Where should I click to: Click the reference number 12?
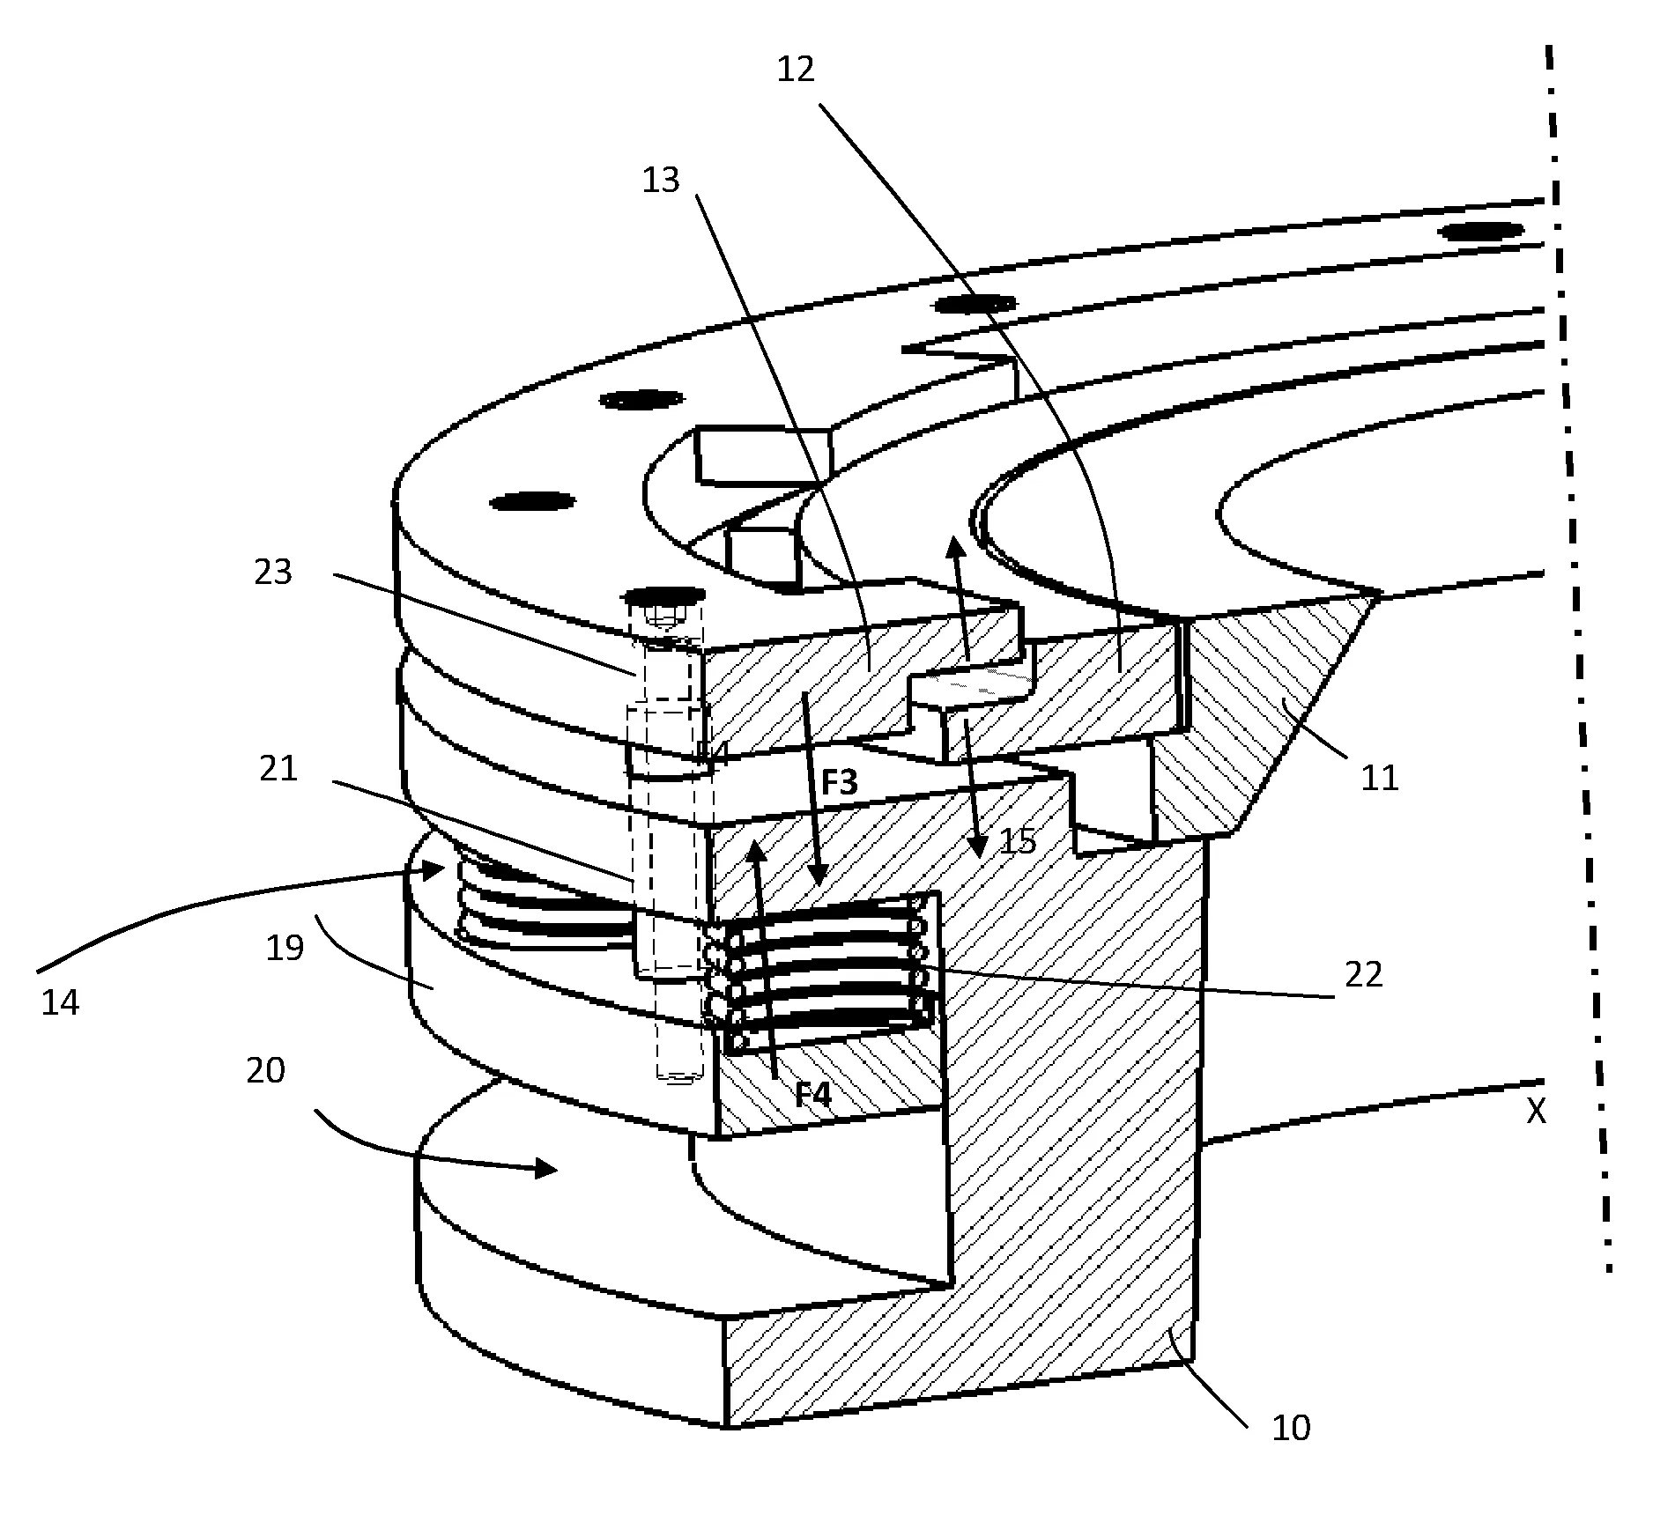[796, 70]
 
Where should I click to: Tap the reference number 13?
[661, 180]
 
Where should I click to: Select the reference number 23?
[272, 573]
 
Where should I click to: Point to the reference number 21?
[278, 769]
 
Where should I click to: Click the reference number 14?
[60, 1002]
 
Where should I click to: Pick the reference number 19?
[285, 948]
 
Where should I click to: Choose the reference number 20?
[265, 1071]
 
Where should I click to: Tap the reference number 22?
[1363, 974]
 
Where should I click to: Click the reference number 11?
[1380, 778]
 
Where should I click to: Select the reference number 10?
[1292, 1428]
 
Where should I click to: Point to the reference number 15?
[1019, 841]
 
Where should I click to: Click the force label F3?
[838, 781]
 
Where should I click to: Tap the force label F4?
[812, 1095]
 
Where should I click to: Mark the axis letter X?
[1536, 1112]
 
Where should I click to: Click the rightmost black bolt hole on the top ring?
[1480, 232]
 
